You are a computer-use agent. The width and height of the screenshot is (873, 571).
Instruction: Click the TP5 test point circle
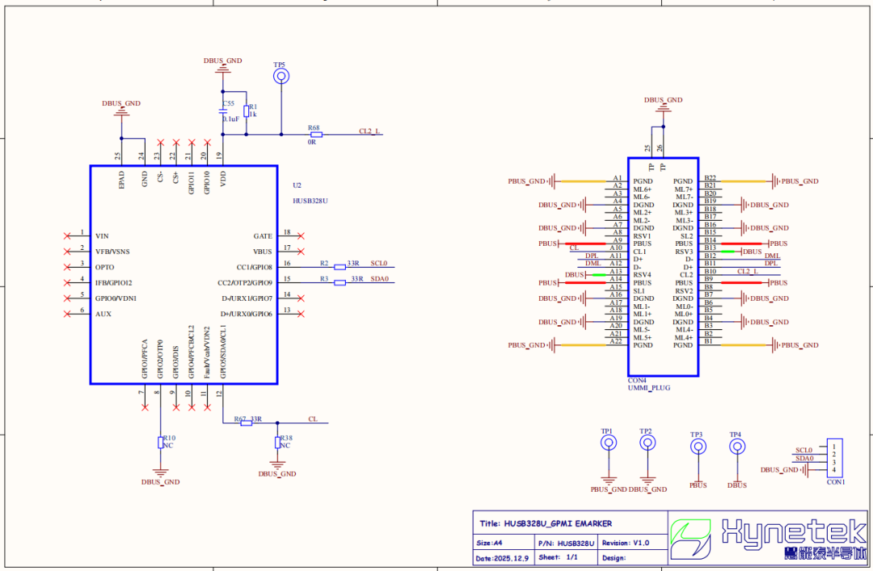coord(280,76)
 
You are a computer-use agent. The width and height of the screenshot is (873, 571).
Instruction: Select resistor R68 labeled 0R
coord(315,134)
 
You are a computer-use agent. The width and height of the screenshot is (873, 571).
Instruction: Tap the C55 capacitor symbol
coord(223,112)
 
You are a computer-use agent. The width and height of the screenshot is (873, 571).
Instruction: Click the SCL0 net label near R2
coord(379,264)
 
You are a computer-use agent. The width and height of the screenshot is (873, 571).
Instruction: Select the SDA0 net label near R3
coord(379,279)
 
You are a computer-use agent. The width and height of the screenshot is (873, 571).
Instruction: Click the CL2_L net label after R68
coord(370,130)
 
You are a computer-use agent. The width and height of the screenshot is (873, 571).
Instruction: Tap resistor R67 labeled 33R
coord(247,423)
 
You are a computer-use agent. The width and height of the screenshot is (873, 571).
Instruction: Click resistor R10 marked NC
coord(160,442)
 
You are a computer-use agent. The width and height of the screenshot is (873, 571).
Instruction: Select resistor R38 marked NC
coord(277,442)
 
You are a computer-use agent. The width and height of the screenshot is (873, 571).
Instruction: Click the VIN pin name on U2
coord(102,236)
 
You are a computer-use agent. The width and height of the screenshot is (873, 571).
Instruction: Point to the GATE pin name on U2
coord(263,236)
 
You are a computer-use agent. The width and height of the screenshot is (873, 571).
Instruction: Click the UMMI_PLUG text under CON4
coord(649,388)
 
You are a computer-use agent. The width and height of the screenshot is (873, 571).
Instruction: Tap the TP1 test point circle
coord(608,442)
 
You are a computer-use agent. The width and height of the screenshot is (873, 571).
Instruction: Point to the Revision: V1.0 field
coord(625,544)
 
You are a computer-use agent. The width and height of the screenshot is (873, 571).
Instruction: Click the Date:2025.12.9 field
coord(502,558)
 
